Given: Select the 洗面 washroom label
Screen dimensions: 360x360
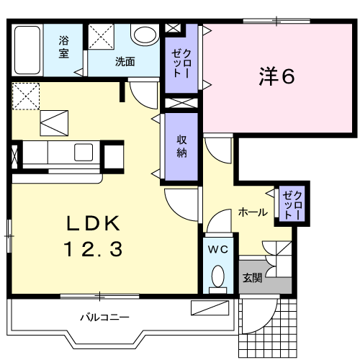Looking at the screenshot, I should (x=125, y=61).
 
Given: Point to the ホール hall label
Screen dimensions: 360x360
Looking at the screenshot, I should (x=253, y=212).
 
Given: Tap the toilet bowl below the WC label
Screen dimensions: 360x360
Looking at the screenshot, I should (x=217, y=278).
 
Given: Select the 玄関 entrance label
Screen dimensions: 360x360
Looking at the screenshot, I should (x=252, y=278).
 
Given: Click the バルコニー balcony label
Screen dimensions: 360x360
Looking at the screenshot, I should (x=104, y=317).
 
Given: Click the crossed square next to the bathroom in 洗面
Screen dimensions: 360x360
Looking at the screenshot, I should (x=101, y=36).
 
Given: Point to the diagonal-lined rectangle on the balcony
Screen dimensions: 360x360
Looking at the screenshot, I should (x=210, y=308).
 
